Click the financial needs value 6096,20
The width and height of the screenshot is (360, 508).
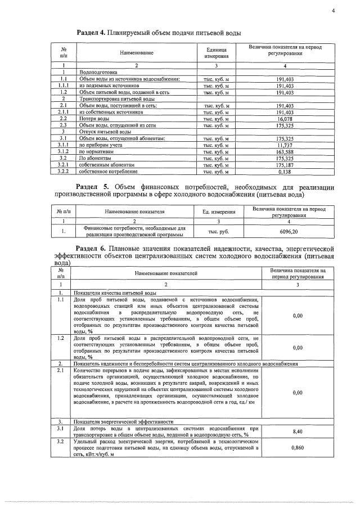pos(289,231)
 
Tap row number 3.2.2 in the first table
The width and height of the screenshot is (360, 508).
pos(64,171)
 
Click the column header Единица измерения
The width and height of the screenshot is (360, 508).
pos(216,53)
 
